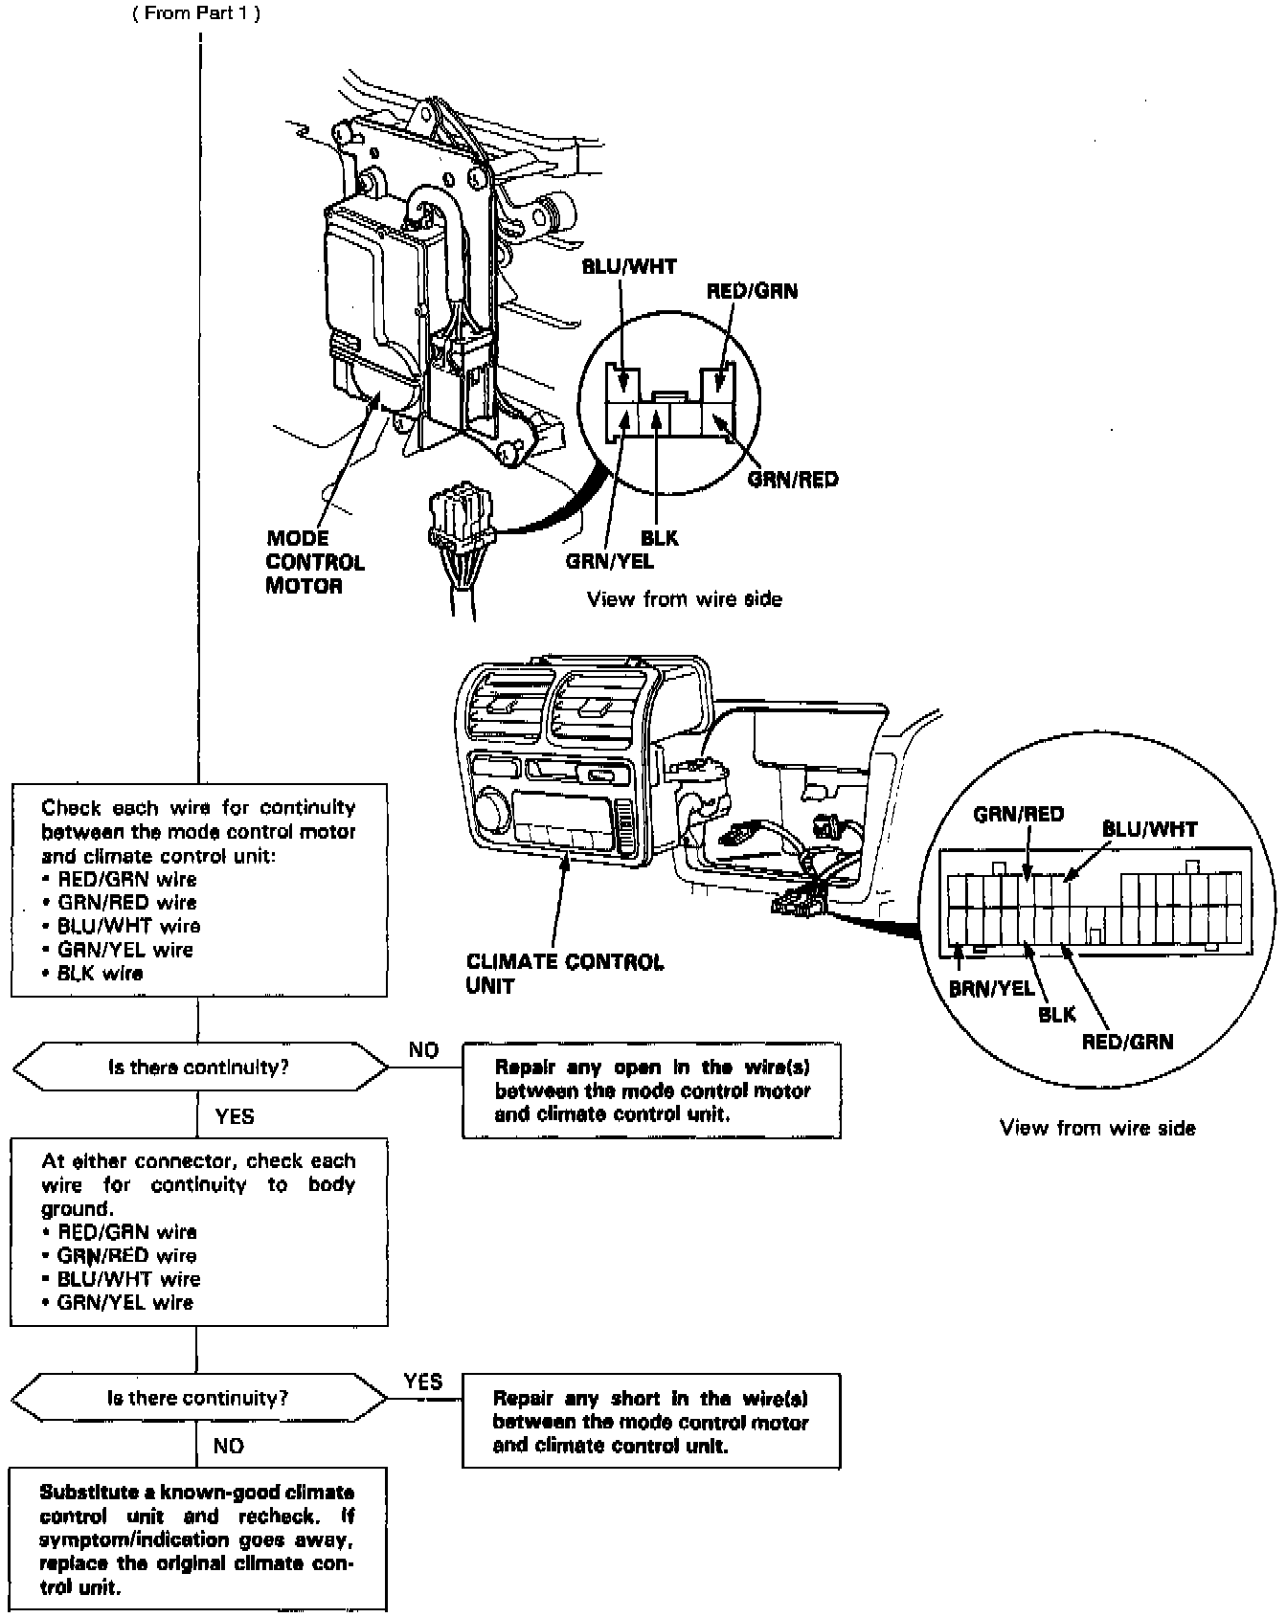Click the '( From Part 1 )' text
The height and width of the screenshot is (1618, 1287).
point(196,13)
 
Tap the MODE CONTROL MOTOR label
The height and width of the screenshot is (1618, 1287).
point(314,562)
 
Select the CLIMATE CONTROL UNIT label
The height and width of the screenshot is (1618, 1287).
point(564,974)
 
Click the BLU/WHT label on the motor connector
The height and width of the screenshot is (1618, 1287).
point(629,267)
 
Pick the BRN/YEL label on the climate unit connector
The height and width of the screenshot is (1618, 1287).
point(991,989)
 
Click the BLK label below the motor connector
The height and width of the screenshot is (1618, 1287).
point(660,538)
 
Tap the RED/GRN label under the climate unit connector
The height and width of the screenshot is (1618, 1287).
point(1127,1042)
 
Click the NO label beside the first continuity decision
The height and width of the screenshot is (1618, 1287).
point(423,1050)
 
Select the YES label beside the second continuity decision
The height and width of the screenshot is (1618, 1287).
point(422,1381)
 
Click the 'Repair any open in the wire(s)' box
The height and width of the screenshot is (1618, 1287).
point(651,1090)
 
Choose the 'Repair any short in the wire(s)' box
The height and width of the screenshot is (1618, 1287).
point(651,1422)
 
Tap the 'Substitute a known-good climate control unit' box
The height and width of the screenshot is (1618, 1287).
point(198,1539)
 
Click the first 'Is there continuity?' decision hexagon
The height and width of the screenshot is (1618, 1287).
point(199,1067)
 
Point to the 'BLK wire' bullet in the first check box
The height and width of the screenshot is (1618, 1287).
point(100,974)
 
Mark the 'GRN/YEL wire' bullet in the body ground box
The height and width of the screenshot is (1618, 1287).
point(125,1302)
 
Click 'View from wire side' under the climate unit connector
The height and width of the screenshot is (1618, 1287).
point(1097,1128)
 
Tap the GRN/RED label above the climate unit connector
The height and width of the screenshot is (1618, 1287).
point(1018,815)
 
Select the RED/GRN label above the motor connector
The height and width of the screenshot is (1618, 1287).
point(751,291)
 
